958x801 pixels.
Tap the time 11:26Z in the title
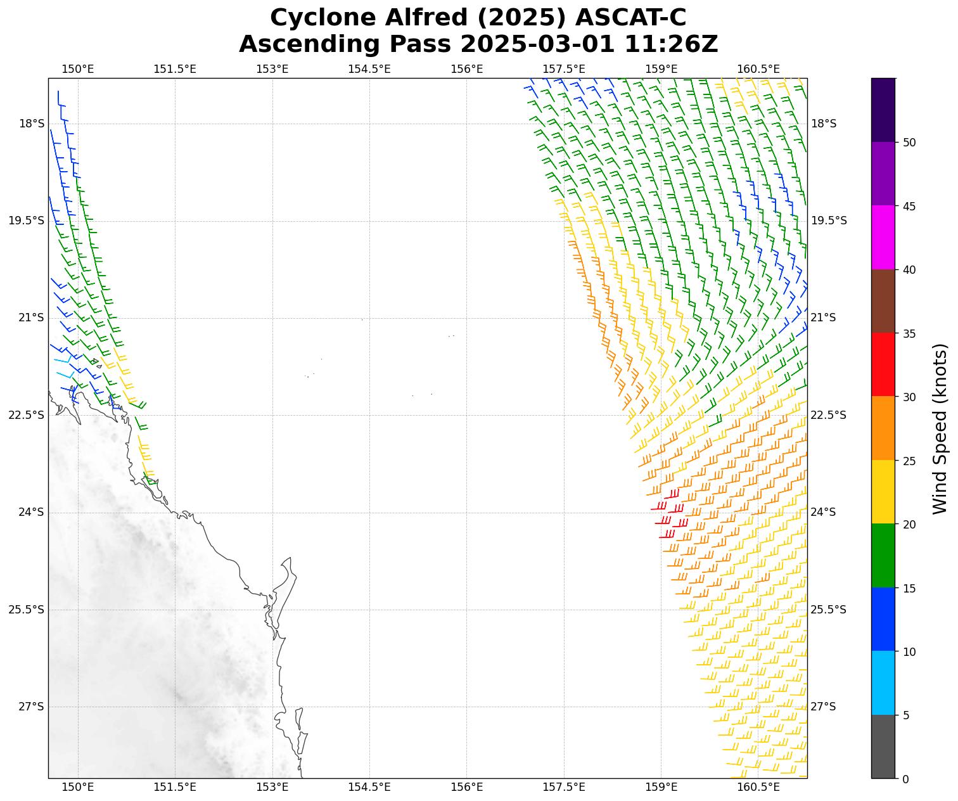pos(671,44)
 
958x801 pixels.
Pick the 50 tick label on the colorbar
pos(909,143)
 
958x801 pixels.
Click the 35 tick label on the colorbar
pos(909,333)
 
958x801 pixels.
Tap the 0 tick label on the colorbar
pos(905,779)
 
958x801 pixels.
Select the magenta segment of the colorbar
pos(883,238)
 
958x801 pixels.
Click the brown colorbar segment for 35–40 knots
pos(883,301)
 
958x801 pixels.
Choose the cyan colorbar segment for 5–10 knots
pos(883,683)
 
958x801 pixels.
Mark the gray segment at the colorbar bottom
pos(883,747)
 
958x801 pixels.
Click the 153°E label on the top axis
pos(272,69)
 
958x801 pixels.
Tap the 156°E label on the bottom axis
pos(467,787)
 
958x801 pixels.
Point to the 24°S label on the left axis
pos(31,512)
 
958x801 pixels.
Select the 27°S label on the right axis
pos(824,707)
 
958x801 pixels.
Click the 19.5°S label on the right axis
pos(829,221)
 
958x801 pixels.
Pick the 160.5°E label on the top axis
pos(758,69)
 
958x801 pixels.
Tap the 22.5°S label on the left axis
pos(27,415)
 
